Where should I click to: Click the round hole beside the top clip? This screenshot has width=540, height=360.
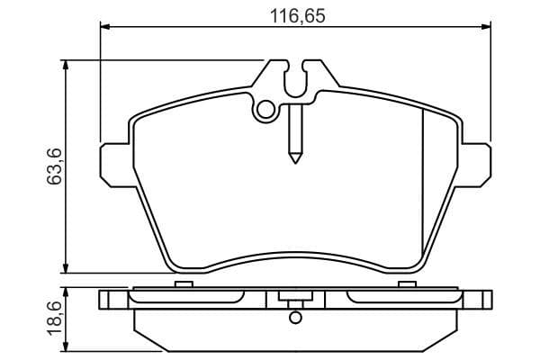tap(265, 111)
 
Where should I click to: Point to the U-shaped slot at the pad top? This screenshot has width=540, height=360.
tap(294, 79)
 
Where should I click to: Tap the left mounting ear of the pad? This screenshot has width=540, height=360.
tap(113, 164)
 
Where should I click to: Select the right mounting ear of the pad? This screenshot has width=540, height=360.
tap(476, 164)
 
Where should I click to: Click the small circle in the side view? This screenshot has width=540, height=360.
tap(294, 317)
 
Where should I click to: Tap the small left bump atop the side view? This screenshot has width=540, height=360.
tap(184, 284)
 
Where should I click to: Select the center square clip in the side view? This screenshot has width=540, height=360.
tap(294, 298)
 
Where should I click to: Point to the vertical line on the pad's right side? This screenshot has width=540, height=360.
tap(423, 189)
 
